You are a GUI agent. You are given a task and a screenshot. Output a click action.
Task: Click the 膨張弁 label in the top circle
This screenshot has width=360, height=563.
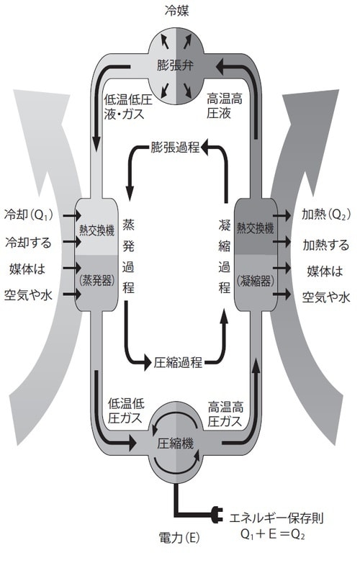pyautogui.click(x=176, y=66)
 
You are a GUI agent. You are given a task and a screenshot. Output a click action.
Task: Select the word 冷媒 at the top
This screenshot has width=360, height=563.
pyautogui.click(x=177, y=11)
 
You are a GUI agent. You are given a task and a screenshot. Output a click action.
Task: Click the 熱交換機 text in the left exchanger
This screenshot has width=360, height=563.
pyautogui.click(x=96, y=231)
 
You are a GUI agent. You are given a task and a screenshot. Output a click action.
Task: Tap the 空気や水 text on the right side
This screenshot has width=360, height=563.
pyautogui.click(x=325, y=296)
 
